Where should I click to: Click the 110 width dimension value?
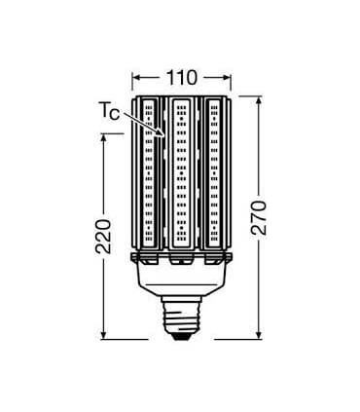181,74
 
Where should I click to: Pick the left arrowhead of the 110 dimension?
134,75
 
